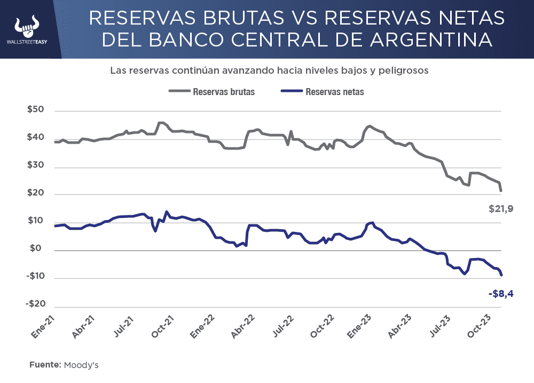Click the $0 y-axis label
38,249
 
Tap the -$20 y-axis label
35,304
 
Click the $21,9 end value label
501,209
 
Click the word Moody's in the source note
81,365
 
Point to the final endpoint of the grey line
501,191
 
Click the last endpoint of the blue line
501,275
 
